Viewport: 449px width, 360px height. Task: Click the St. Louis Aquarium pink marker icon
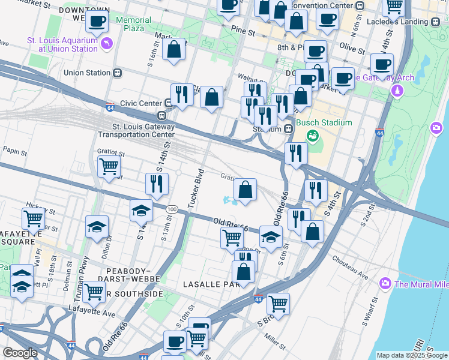(x=107, y=43)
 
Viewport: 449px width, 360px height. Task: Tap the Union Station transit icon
(x=118, y=73)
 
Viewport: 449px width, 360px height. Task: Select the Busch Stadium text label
(x=328, y=123)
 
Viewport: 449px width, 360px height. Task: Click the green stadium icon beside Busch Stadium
(x=312, y=136)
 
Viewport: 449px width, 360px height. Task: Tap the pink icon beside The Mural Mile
(x=385, y=283)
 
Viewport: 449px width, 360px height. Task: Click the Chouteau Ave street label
(x=352, y=268)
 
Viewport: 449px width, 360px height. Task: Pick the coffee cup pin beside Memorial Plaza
(x=97, y=22)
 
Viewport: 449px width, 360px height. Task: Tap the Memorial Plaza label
(x=134, y=24)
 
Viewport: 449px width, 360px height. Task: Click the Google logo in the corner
(x=20, y=353)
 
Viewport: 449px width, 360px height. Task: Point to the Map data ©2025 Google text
(x=411, y=355)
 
